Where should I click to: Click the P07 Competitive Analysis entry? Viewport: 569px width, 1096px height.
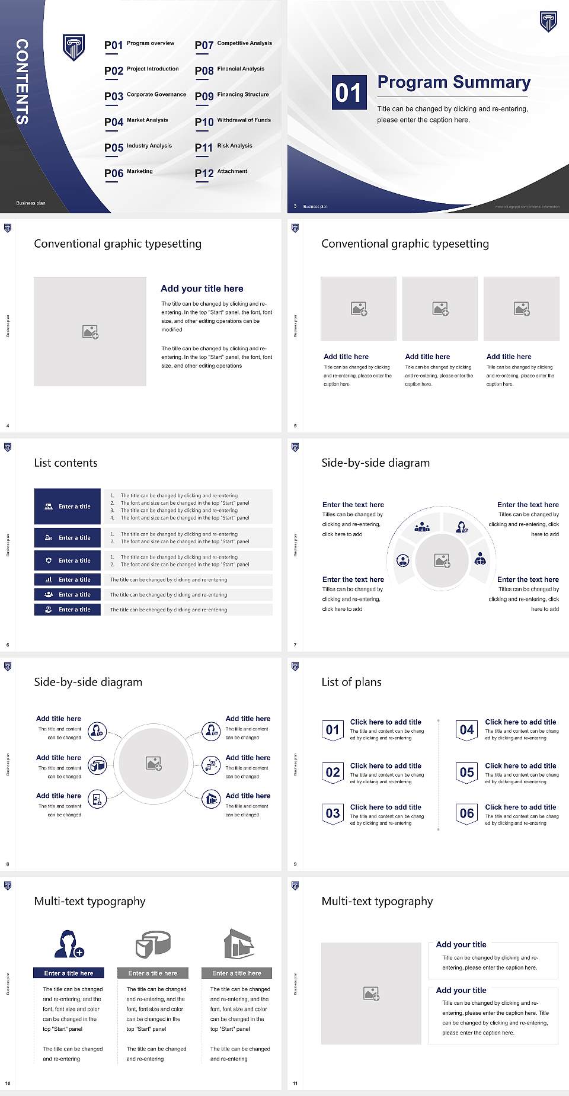[x=233, y=44]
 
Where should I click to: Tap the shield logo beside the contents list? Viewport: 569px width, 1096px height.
[x=73, y=47]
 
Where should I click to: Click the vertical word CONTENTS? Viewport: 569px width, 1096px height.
[x=22, y=82]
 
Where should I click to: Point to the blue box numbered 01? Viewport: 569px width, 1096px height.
[x=348, y=92]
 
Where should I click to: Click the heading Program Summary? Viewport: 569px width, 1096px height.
[x=453, y=82]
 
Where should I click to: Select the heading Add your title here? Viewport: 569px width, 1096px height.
[x=202, y=289]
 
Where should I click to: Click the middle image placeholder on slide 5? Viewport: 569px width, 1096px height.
[x=440, y=309]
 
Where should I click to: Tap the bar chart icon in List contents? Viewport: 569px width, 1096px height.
[x=49, y=579]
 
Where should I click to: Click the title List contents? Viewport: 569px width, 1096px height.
[x=66, y=463]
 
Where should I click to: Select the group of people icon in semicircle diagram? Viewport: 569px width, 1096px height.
[x=422, y=526]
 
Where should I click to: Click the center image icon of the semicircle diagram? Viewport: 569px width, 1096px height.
[x=442, y=560]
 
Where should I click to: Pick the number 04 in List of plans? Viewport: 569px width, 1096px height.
[x=467, y=730]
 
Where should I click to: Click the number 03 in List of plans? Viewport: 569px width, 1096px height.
[x=333, y=813]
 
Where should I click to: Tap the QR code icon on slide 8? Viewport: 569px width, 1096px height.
[x=212, y=765]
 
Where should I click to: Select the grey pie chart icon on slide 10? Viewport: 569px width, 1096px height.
[x=153, y=944]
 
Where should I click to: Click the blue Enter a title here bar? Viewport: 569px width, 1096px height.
[x=68, y=973]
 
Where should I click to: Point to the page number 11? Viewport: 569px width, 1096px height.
[x=295, y=1084]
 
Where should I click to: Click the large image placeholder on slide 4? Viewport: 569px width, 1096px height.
[x=90, y=332]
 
